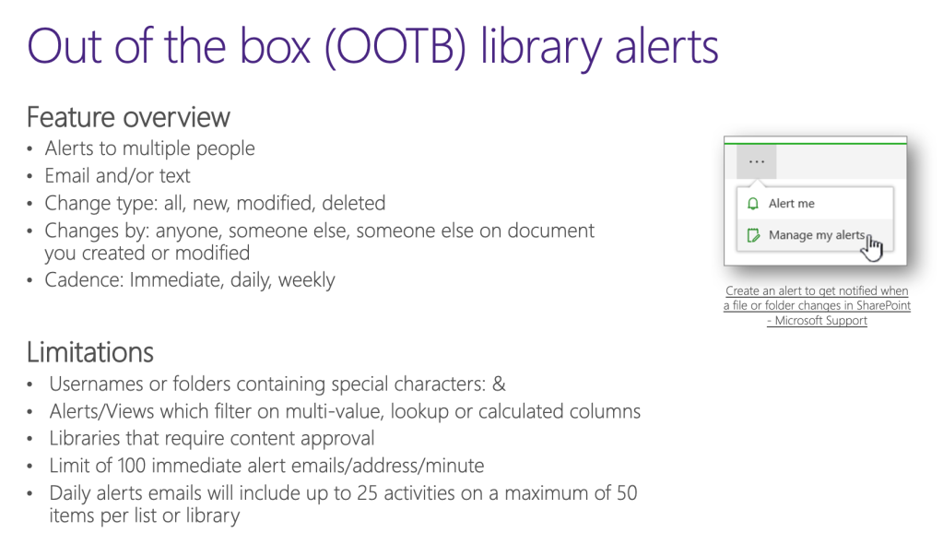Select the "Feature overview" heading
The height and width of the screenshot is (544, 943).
pos(128,118)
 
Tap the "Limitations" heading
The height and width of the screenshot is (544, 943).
pos(89,352)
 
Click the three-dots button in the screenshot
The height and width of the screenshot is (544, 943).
pos(757,161)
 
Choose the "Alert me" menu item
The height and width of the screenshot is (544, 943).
pos(791,204)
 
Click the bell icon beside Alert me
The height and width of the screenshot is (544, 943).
pos(753,204)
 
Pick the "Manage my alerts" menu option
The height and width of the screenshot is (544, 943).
pos(816,235)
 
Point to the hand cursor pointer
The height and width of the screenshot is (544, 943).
pos(873,247)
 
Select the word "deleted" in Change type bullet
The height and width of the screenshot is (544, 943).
pos(355,203)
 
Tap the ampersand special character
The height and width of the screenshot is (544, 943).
pos(499,384)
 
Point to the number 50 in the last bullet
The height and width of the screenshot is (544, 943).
pos(626,493)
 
